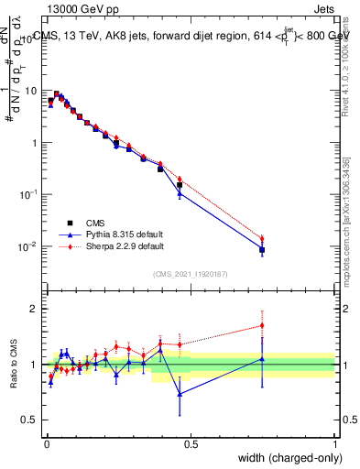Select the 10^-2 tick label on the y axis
28,247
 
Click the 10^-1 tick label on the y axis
28,195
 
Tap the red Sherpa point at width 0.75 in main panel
262,239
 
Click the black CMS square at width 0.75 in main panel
262,249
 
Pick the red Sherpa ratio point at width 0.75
262,325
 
